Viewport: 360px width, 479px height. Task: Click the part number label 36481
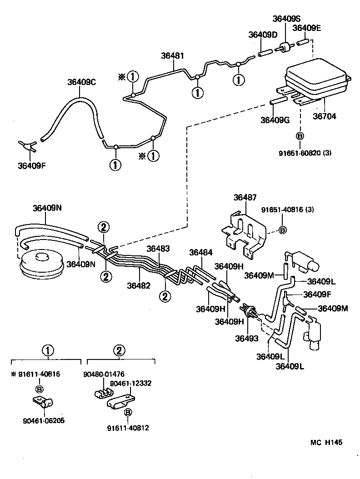tap(172, 56)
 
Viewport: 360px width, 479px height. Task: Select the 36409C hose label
tap(81, 82)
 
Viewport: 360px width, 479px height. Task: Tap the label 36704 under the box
tap(325, 116)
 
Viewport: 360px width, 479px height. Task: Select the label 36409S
tap(286, 19)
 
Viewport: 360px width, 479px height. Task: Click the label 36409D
tap(263, 35)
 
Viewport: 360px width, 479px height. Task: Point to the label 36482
tap(139, 285)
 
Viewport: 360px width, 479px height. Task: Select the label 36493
tap(246, 338)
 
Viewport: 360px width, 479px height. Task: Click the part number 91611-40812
tap(128, 428)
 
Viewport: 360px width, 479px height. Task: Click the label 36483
tap(158, 249)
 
